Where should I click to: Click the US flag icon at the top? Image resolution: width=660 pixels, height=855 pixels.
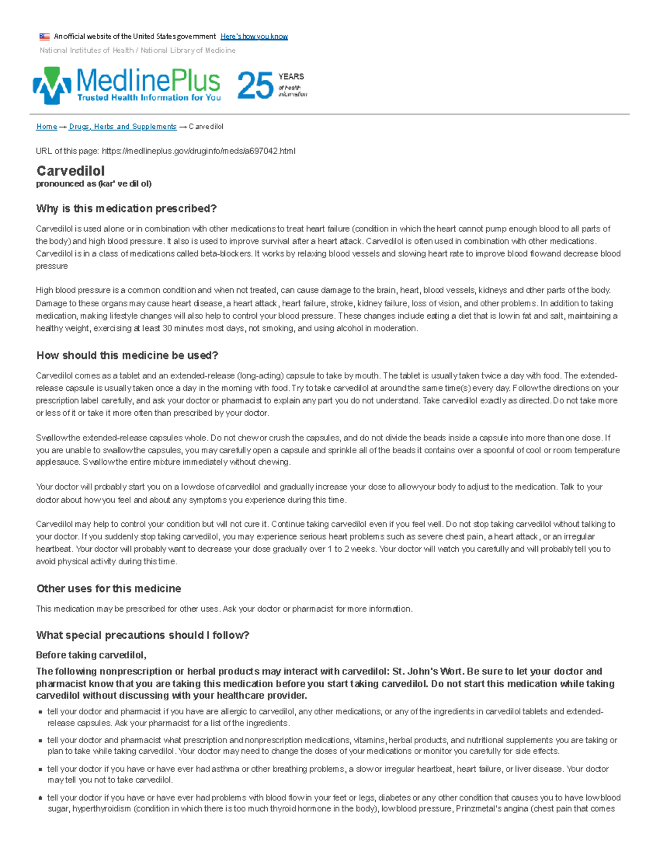coord(45,37)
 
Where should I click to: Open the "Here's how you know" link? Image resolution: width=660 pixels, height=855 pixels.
coord(254,36)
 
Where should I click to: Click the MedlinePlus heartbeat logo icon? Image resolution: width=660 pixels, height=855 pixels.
coord(52,85)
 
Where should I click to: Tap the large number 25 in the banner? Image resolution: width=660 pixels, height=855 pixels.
coord(255,86)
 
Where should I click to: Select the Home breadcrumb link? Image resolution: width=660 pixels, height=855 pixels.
coord(46,127)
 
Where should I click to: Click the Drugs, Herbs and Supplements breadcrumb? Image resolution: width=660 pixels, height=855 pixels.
coord(123,127)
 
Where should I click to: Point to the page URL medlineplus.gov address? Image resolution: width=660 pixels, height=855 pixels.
coord(199,151)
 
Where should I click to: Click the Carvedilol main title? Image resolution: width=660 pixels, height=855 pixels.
coord(70,171)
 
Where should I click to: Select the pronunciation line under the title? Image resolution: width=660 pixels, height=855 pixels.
coord(94,184)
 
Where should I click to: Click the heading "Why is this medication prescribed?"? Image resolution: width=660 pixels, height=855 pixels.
coord(127,209)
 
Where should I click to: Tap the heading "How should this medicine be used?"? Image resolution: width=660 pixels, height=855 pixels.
coord(127,356)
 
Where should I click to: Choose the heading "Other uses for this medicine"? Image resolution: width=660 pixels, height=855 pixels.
coord(108,589)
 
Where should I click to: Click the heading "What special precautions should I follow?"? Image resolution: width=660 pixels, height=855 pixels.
coord(142,635)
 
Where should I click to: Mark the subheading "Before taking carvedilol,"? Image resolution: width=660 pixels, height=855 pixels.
coord(91,655)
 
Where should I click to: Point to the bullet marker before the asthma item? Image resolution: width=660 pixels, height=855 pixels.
coord(40,770)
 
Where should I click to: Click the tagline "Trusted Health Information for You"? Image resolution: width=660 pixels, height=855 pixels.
coord(149,98)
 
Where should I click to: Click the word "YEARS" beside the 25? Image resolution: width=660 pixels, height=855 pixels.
coord(291,77)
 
